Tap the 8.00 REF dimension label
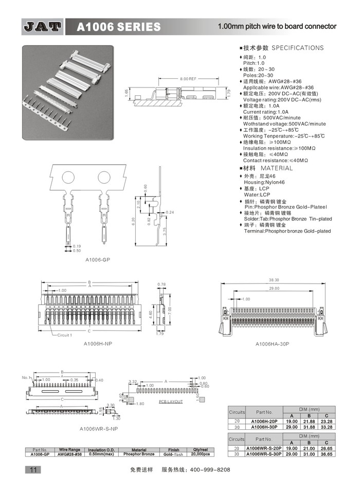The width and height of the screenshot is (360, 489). [188, 79]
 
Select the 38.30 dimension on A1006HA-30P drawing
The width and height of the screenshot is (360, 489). [273, 281]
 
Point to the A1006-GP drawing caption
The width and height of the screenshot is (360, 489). [98, 260]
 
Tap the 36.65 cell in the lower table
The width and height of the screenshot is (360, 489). [326, 454]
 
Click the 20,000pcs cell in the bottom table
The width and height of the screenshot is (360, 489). [200, 454]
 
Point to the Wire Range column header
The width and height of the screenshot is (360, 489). [70, 449]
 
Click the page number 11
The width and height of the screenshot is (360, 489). [32, 470]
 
